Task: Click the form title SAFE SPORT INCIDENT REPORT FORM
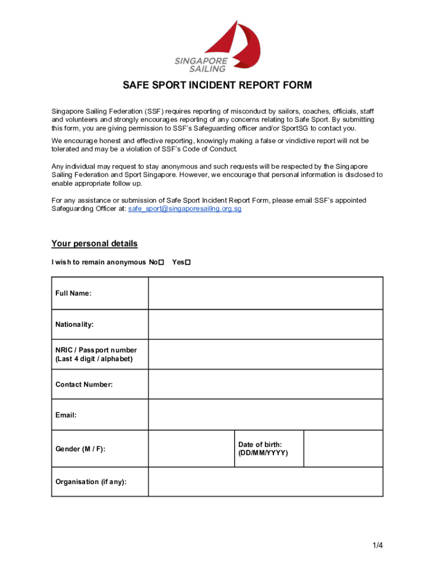[217, 86]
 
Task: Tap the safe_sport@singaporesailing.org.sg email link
[185, 208]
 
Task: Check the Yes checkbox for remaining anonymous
[188, 263]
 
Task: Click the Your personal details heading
[94, 244]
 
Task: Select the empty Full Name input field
[265, 293]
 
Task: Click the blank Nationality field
[265, 325]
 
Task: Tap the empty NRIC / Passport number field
[265, 354]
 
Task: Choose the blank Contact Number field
[265, 384]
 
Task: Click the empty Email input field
[265, 415]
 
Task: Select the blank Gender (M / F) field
[191, 449]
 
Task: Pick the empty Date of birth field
[343, 449]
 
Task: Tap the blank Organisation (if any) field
[265, 482]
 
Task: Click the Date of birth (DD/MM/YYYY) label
[263, 449]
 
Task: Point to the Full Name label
[73, 293]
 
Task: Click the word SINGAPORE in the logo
[202, 60]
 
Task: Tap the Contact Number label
[84, 384]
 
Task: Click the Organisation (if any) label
[91, 482]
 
